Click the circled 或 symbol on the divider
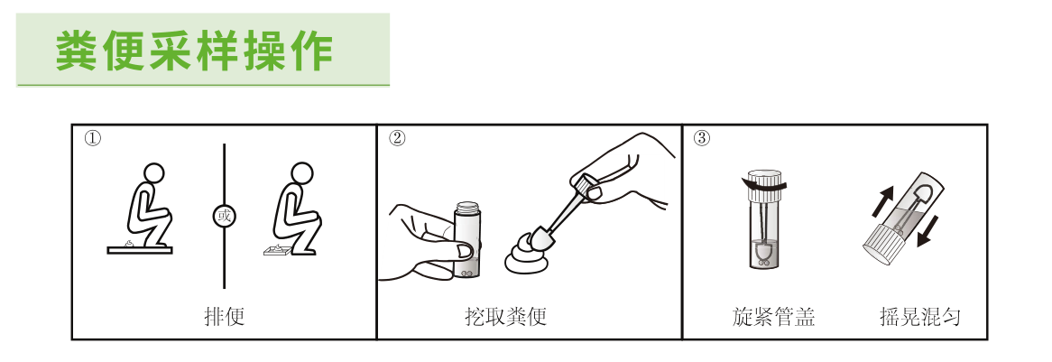pos(224,216)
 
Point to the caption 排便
pos(224,317)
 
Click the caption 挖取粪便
pos(505,317)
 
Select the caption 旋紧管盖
pos(773,317)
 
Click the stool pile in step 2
pos(528,255)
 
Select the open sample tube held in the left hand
pos(468,239)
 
